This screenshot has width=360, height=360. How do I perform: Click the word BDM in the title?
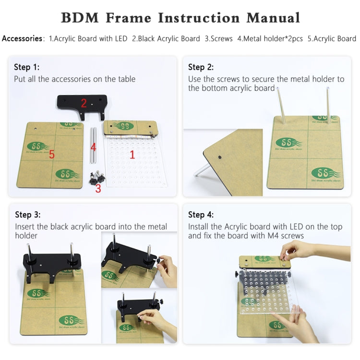[x=80, y=18]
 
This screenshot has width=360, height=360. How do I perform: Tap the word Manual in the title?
[x=273, y=18]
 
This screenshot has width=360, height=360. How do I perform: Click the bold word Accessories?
[x=22, y=38]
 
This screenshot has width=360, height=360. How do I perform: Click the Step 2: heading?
[x=201, y=67]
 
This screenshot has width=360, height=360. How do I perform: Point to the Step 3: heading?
[x=28, y=215]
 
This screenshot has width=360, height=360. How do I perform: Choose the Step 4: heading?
[x=201, y=215]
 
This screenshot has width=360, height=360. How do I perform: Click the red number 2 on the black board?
[x=84, y=103]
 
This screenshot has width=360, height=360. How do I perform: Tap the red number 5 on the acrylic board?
[x=52, y=155]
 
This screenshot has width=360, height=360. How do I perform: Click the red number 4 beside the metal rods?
[x=94, y=147]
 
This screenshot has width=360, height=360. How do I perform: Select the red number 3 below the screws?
[x=98, y=188]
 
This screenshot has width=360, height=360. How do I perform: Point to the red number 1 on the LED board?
[x=132, y=155]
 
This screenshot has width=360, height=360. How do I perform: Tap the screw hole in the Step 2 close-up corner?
[x=219, y=157]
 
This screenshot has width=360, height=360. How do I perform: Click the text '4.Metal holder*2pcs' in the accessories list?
[x=270, y=38]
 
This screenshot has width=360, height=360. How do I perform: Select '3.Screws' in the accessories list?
[x=218, y=38]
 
